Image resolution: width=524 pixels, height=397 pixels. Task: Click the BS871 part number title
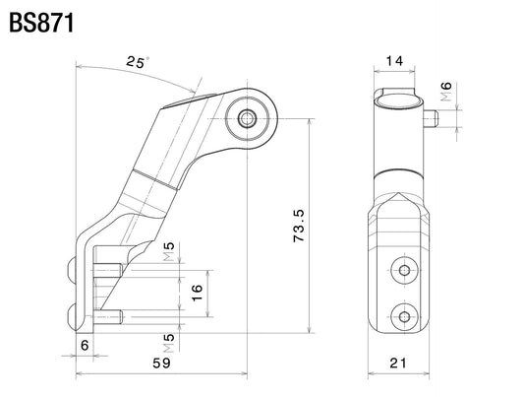[x=41, y=23]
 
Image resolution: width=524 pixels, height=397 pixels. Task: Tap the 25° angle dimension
[x=138, y=62]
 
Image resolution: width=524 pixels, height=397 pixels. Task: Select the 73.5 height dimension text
[x=299, y=226]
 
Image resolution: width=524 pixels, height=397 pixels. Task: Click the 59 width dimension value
[x=162, y=363]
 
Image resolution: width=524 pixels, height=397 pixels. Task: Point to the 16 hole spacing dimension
[x=198, y=293]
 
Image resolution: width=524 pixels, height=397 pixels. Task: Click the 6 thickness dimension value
[x=85, y=345]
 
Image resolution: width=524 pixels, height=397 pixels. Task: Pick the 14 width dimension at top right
[x=394, y=61]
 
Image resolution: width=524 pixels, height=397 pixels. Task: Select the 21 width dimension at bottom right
[x=398, y=363]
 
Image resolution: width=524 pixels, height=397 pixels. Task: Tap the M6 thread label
[x=446, y=92]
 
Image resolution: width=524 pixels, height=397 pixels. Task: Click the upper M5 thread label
[x=169, y=251]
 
